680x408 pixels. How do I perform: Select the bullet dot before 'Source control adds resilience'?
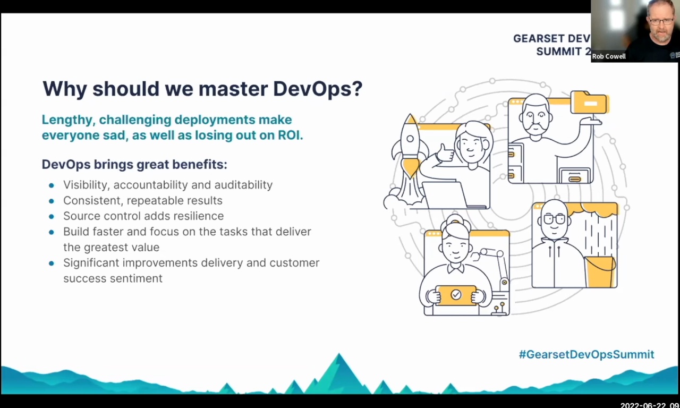pyautogui.click(x=52, y=217)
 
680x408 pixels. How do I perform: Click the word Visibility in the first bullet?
pyautogui.click(x=85, y=185)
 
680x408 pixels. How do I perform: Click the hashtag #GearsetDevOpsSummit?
pyautogui.click(x=586, y=354)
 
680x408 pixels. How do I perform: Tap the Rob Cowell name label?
pyautogui.click(x=609, y=56)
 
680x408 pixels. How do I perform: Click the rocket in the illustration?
pyautogui.click(x=410, y=146)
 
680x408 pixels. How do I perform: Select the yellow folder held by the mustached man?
pyautogui.click(x=589, y=102)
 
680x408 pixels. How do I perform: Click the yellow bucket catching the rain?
pyautogui.click(x=600, y=271)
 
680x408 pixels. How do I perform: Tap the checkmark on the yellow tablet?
pyautogui.click(x=456, y=294)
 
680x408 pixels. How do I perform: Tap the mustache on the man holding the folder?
pyautogui.click(x=535, y=127)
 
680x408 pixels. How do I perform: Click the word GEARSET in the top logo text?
pyautogui.click(x=538, y=39)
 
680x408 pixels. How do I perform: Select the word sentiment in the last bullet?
pyautogui.click(x=137, y=278)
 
